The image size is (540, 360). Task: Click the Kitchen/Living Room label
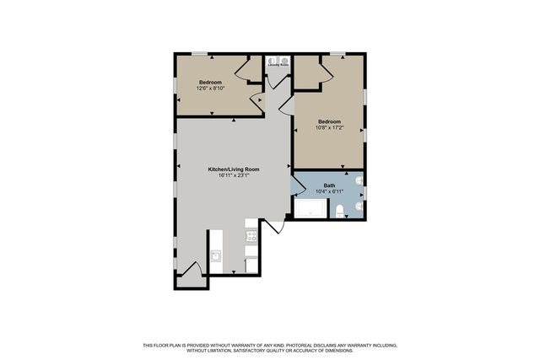click(x=234, y=169)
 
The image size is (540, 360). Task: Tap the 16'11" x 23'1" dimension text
click(x=234, y=175)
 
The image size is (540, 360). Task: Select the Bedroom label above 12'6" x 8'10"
click(x=210, y=82)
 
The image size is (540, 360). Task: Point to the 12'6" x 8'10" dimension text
click(x=210, y=88)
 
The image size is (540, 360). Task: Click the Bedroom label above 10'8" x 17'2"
click(x=329, y=121)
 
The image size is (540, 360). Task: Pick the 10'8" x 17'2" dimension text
click(x=329, y=126)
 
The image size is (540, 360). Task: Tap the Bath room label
click(x=329, y=185)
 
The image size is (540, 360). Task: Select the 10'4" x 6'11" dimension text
click(x=329, y=191)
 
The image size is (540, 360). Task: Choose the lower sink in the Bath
click(x=359, y=205)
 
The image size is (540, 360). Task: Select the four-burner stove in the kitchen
click(x=251, y=236)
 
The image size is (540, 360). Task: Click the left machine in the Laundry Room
click(x=272, y=61)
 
